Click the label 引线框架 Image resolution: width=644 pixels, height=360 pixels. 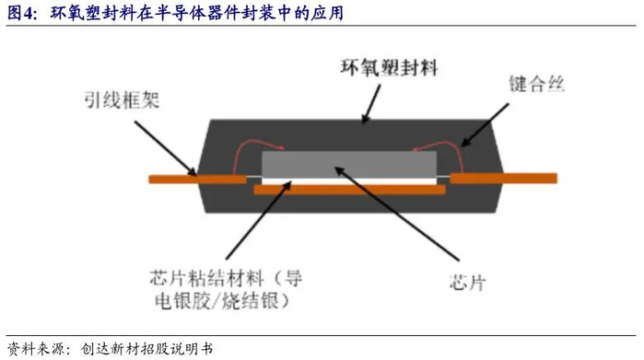pyautogui.click(x=122, y=99)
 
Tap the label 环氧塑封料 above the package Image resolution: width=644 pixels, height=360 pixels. pyautogui.click(x=389, y=68)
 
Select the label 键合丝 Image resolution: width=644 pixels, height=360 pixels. pyautogui.click(x=537, y=84)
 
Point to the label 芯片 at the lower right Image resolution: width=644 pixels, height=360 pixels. pyautogui.click(x=468, y=283)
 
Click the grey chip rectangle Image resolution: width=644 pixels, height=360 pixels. pyautogui.click(x=349, y=165)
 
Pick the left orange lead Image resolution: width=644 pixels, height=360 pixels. pyautogui.click(x=197, y=180)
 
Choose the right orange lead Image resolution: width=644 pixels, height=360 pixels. pyautogui.click(x=504, y=178)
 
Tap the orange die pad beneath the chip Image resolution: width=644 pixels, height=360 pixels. pyautogui.click(x=349, y=190)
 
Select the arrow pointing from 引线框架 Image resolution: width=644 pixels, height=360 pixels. pyautogui.click(x=165, y=148)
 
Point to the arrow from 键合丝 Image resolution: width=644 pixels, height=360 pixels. pyautogui.click(x=485, y=125)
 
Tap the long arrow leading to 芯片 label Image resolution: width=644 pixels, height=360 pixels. pyautogui.click(x=397, y=214)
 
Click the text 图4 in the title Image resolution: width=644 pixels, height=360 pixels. pyautogui.click(x=19, y=13)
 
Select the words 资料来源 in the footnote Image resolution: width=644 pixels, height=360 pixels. pyautogui.click(x=36, y=349)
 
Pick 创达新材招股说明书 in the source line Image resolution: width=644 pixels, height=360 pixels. pyautogui.click(x=146, y=349)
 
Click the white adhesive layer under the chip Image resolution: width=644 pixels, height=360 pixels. pyautogui.click(x=349, y=181)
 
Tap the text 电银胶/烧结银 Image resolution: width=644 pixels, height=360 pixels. pyautogui.click(x=217, y=301)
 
